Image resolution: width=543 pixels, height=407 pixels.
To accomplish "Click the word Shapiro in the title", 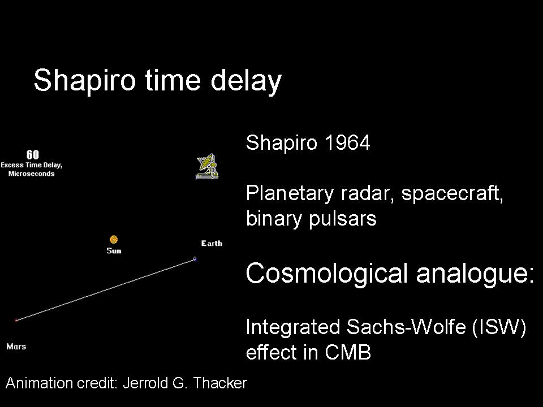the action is tap(84, 81).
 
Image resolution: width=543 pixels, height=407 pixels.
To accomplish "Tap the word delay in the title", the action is tap(246, 81).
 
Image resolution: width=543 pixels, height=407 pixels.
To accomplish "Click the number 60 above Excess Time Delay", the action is tap(33, 154).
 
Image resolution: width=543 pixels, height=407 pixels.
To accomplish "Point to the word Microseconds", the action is tap(32, 174).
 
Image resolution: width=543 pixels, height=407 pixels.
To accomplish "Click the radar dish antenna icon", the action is tap(207, 166).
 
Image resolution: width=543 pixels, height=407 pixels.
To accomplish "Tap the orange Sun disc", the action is tap(114, 240).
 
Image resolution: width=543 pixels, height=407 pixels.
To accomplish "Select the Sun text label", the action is tap(114, 250).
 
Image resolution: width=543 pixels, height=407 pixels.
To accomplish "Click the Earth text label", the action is tap(212, 243).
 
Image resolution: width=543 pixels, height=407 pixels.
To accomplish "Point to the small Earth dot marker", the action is tap(195, 258).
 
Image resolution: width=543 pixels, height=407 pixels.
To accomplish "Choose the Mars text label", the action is tap(16, 347).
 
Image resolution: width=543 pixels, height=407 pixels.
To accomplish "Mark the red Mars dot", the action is tap(16, 320).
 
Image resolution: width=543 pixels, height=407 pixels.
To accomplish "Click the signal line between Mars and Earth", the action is tap(105, 289).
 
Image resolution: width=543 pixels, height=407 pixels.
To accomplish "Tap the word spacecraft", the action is tap(452, 193).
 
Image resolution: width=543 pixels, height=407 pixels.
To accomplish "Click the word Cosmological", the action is tap(326, 273).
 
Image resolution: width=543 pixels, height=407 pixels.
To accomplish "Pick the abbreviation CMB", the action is tap(348, 352).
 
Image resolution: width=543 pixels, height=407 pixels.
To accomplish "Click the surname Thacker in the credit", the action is tap(220, 383).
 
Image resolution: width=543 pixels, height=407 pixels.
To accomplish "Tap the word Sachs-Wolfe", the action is tap(406, 327).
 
